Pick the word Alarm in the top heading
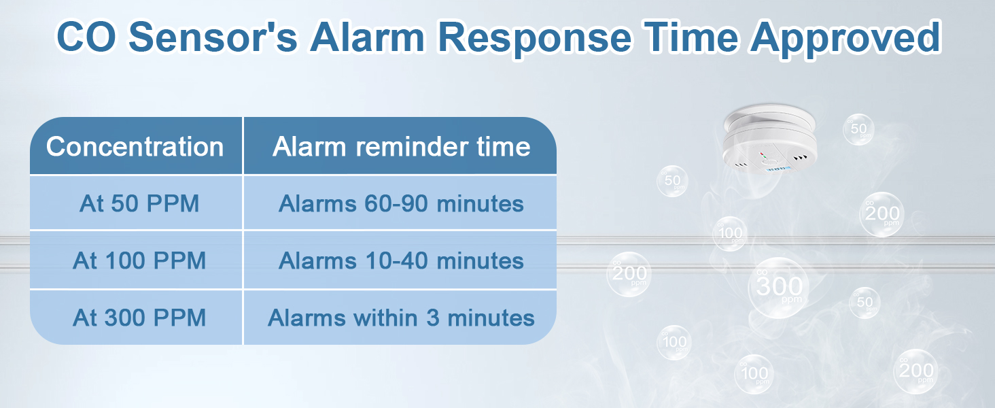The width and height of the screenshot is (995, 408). (x=368, y=38)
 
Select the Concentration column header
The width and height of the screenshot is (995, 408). (x=135, y=147)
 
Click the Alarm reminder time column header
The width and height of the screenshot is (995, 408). (x=401, y=147)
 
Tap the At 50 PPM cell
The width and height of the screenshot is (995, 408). (x=139, y=203)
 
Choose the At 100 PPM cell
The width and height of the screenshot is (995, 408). (x=139, y=261)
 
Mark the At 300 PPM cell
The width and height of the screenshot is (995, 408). (x=139, y=318)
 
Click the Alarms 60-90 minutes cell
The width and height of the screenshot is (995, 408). (x=401, y=203)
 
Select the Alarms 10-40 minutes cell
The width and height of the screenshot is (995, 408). (x=401, y=261)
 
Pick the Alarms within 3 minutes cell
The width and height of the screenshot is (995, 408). (x=401, y=318)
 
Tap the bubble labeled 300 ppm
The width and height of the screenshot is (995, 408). (x=779, y=288)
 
